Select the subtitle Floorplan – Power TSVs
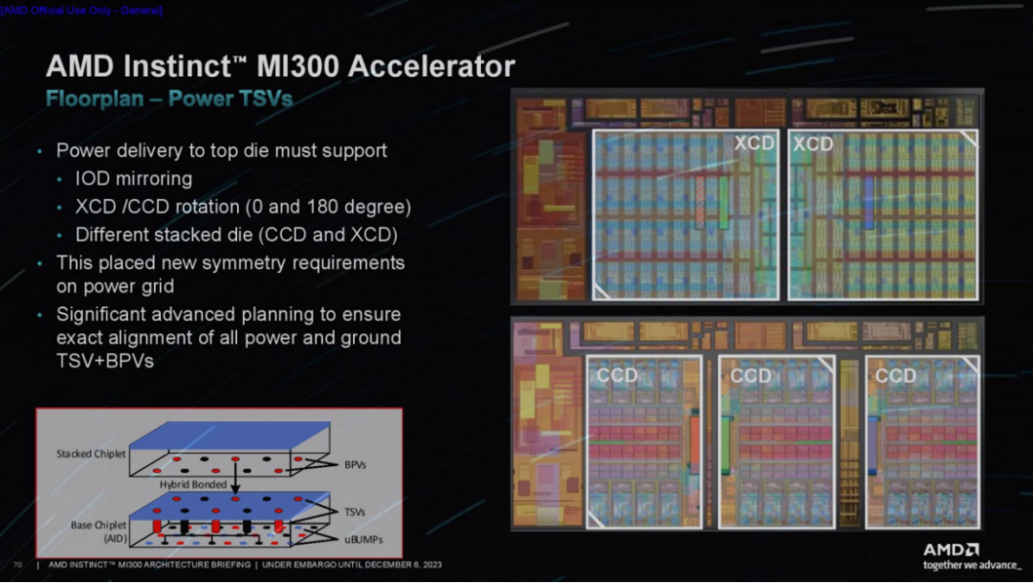168,99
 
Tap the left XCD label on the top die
754,144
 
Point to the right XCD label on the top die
813,144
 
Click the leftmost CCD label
617,375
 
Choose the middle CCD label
750,375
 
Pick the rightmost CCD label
895,375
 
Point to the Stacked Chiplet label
91,454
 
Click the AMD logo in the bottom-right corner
950,549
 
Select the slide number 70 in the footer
17,564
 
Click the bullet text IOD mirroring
133,179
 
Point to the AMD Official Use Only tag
82,10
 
